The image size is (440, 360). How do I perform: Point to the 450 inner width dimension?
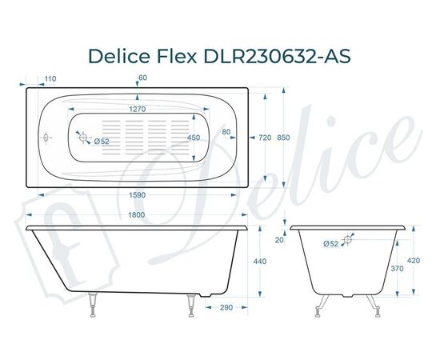coord(215,138)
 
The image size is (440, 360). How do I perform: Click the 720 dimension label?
coord(265,138)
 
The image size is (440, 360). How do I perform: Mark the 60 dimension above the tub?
coord(142,78)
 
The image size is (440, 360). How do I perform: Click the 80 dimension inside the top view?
coord(226,131)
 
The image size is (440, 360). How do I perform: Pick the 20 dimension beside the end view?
coord(279,238)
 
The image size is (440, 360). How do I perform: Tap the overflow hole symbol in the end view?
coord(349,239)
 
